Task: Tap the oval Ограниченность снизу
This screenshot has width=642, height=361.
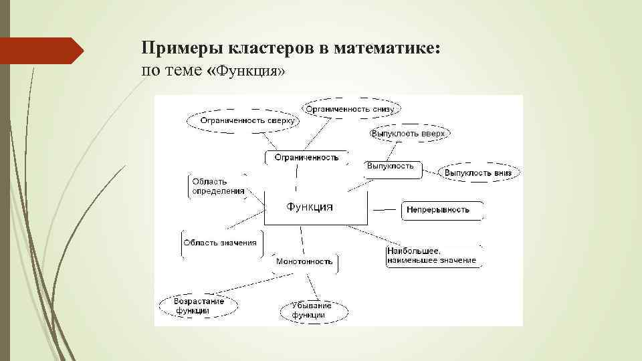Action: click(x=352, y=108)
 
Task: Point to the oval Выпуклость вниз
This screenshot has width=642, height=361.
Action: click(x=478, y=172)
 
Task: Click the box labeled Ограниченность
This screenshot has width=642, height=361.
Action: click(x=307, y=158)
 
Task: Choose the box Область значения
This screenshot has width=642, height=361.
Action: click(x=221, y=243)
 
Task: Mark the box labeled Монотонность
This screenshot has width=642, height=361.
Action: click(x=304, y=262)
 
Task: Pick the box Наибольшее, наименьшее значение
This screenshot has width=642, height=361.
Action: click(x=432, y=256)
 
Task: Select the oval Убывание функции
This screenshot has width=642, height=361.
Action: click(x=307, y=310)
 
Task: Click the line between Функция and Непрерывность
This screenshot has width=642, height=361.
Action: click(x=385, y=210)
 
